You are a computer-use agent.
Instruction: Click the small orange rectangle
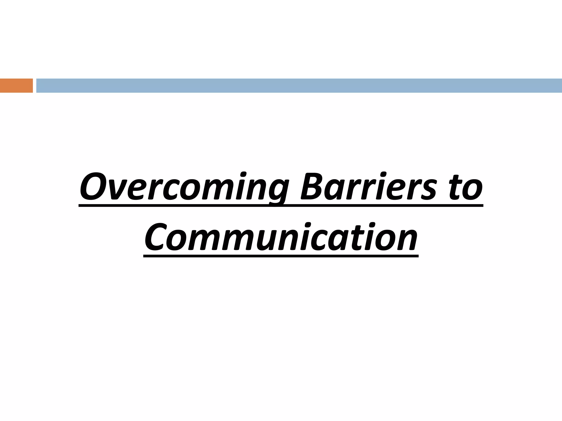16,86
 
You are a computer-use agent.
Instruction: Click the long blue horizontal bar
299,86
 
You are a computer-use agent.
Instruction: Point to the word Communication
281,237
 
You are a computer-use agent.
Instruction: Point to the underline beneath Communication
281,256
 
